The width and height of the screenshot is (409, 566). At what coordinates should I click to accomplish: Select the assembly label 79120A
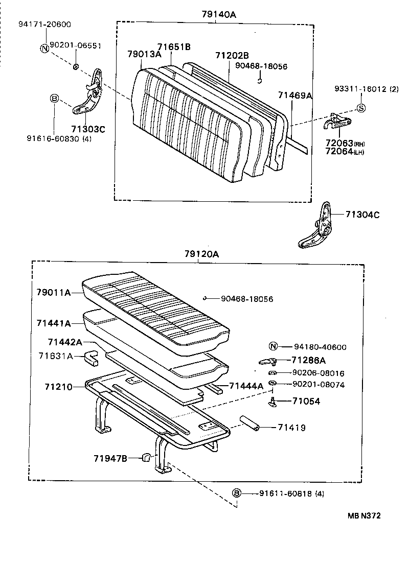201,254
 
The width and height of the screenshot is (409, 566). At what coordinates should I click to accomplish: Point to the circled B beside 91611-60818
237,493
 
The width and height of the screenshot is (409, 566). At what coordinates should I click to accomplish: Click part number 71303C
88,129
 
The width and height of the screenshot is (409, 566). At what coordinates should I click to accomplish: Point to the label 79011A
53,292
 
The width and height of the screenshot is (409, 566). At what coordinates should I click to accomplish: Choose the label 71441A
53,323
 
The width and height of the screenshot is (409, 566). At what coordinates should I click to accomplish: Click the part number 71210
58,387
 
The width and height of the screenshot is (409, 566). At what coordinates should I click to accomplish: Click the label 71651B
174,47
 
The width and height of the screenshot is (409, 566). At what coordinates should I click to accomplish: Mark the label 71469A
295,95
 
